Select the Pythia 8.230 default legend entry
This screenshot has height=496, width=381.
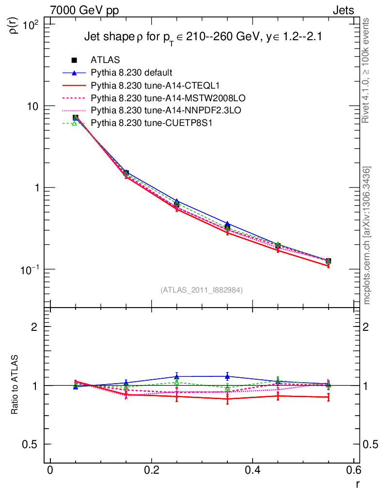[x=131, y=73]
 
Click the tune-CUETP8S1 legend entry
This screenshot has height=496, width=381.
[x=145, y=123]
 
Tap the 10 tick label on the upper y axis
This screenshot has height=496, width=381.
[x=34, y=106]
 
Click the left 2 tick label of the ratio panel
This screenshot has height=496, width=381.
[x=35, y=327]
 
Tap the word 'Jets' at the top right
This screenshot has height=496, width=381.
[x=343, y=10]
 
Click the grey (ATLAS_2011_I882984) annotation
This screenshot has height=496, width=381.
[x=202, y=290]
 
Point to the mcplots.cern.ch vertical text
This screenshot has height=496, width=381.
[x=367, y=235]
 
